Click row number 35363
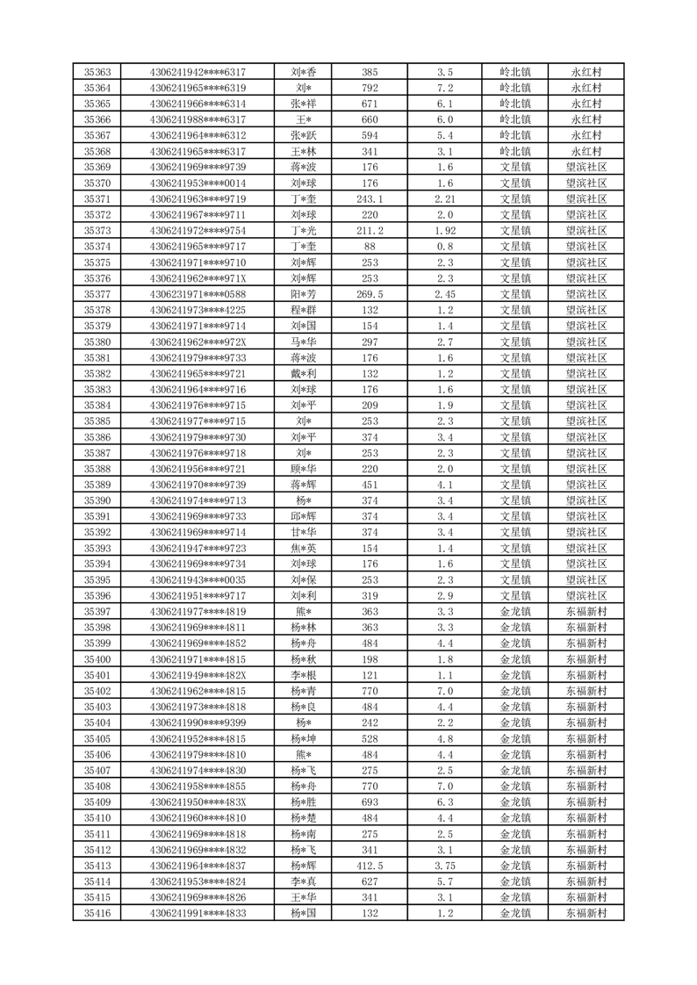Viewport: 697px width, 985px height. pyautogui.click(x=97, y=72)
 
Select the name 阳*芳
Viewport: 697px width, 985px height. pyautogui.click(x=304, y=294)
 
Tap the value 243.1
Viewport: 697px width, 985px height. pyautogui.click(x=370, y=199)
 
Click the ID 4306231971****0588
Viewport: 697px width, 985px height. pyautogui.click(x=198, y=294)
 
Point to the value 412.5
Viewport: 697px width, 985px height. pyautogui.click(x=370, y=866)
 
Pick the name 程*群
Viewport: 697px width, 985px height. pyautogui.click(x=304, y=310)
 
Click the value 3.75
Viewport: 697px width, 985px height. pyautogui.click(x=444, y=866)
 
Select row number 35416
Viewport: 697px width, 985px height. pyautogui.click(x=97, y=913)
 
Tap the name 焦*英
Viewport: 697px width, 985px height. pyautogui.click(x=304, y=548)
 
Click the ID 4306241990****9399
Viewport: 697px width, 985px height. pyautogui.click(x=198, y=723)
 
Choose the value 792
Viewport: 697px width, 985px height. pyautogui.click(x=370, y=88)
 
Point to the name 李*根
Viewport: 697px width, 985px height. pyautogui.click(x=304, y=675)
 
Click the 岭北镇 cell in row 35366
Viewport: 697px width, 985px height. pyautogui.click(x=515, y=119)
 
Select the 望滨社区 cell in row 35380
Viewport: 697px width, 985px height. pyautogui.click(x=586, y=342)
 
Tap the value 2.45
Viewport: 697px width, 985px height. pyautogui.click(x=444, y=294)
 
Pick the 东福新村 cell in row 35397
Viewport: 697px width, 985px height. pyautogui.click(x=586, y=612)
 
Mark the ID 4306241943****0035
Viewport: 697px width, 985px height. pyautogui.click(x=198, y=579)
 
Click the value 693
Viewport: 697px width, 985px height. pyautogui.click(x=370, y=802)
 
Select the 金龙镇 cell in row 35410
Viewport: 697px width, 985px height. pyautogui.click(x=515, y=818)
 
